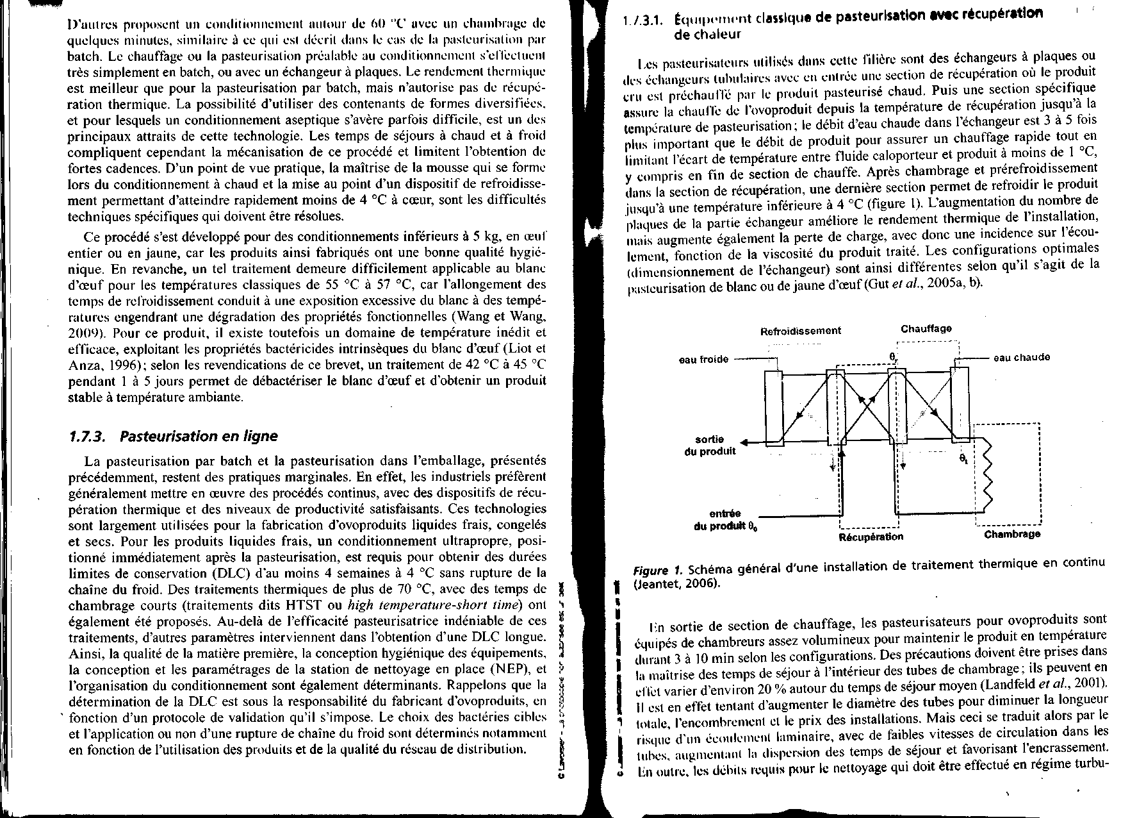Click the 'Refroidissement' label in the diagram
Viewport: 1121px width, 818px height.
point(800,331)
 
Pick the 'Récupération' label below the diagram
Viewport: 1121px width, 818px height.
point(871,537)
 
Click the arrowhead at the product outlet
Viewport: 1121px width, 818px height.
point(746,442)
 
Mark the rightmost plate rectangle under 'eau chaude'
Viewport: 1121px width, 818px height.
point(959,404)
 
